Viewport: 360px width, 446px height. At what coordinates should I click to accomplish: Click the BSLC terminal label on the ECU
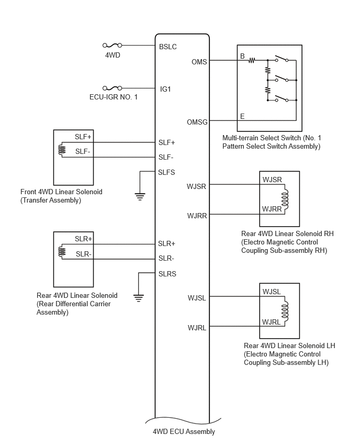pyautogui.click(x=168, y=47)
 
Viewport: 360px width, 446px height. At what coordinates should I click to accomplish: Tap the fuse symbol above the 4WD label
pyautogui.click(x=113, y=45)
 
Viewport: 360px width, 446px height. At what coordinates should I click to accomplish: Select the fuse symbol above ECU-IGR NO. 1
pyautogui.click(x=113, y=88)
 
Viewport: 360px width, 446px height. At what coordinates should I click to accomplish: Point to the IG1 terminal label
pyautogui.click(x=165, y=90)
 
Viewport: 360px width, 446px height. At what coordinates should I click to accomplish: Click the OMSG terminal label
pyautogui.click(x=197, y=122)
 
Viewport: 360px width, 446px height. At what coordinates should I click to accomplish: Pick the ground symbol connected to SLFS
pyautogui.click(x=140, y=196)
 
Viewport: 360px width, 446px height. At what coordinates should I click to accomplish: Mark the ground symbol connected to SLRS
pyautogui.click(x=139, y=298)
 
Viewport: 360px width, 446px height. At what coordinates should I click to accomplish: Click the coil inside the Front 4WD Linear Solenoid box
pyautogui.click(x=62, y=150)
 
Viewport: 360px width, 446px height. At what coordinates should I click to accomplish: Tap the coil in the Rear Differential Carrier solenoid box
pyautogui.click(x=62, y=252)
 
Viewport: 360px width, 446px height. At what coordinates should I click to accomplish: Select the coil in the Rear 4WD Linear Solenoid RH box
pyautogui.click(x=285, y=199)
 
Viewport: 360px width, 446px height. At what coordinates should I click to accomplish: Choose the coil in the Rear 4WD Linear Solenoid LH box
pyautogui.click(x=285, y=311)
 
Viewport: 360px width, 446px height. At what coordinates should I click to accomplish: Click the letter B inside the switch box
pyautogui.click(x=242, y=57)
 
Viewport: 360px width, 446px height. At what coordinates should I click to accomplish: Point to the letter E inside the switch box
pyautogui.click(x=242, y=116)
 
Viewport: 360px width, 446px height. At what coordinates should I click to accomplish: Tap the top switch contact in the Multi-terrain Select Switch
pyautogui.click(x=282, y=59)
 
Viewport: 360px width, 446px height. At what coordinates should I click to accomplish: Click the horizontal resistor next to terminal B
pyautogui.click(x=252, y=60)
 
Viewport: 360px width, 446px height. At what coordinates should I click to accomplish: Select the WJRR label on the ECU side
pyautogui.click(x=197, y=216)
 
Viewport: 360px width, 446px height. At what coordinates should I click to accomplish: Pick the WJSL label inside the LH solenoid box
pyautogui.click(x=272, y=292)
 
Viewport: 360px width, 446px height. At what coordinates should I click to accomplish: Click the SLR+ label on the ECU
pyautogui.click(x=166, y=244)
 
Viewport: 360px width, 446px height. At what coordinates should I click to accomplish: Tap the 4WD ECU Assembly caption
pyautogui.click(x=184, y=431)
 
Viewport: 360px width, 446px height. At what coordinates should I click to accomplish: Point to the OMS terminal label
pyautogui.click(x=199, y=62)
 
